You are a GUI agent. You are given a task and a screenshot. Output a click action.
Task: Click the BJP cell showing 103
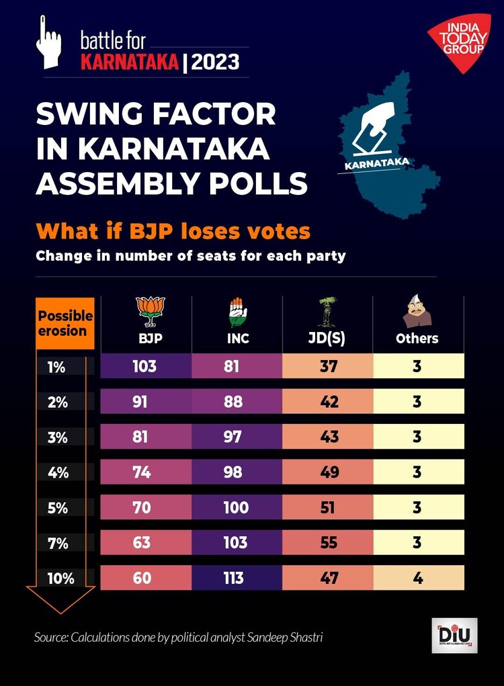[146, 366]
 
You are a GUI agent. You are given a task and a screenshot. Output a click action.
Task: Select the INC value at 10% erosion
[236, 577]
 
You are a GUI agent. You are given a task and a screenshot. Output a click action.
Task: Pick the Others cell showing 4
[417, 577]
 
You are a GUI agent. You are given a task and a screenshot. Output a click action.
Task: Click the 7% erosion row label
[58, 544]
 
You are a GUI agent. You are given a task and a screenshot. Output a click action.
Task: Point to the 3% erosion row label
[58, 437]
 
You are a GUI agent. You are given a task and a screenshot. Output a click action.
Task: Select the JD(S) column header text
[327, 339]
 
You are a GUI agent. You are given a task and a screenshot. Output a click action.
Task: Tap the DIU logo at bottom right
[454, 635]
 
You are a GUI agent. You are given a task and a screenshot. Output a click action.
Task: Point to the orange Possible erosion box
[65, 323]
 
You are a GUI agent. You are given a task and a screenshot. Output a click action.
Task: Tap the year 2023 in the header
[215, 62]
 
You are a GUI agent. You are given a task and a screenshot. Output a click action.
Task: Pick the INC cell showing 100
[236, 507]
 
